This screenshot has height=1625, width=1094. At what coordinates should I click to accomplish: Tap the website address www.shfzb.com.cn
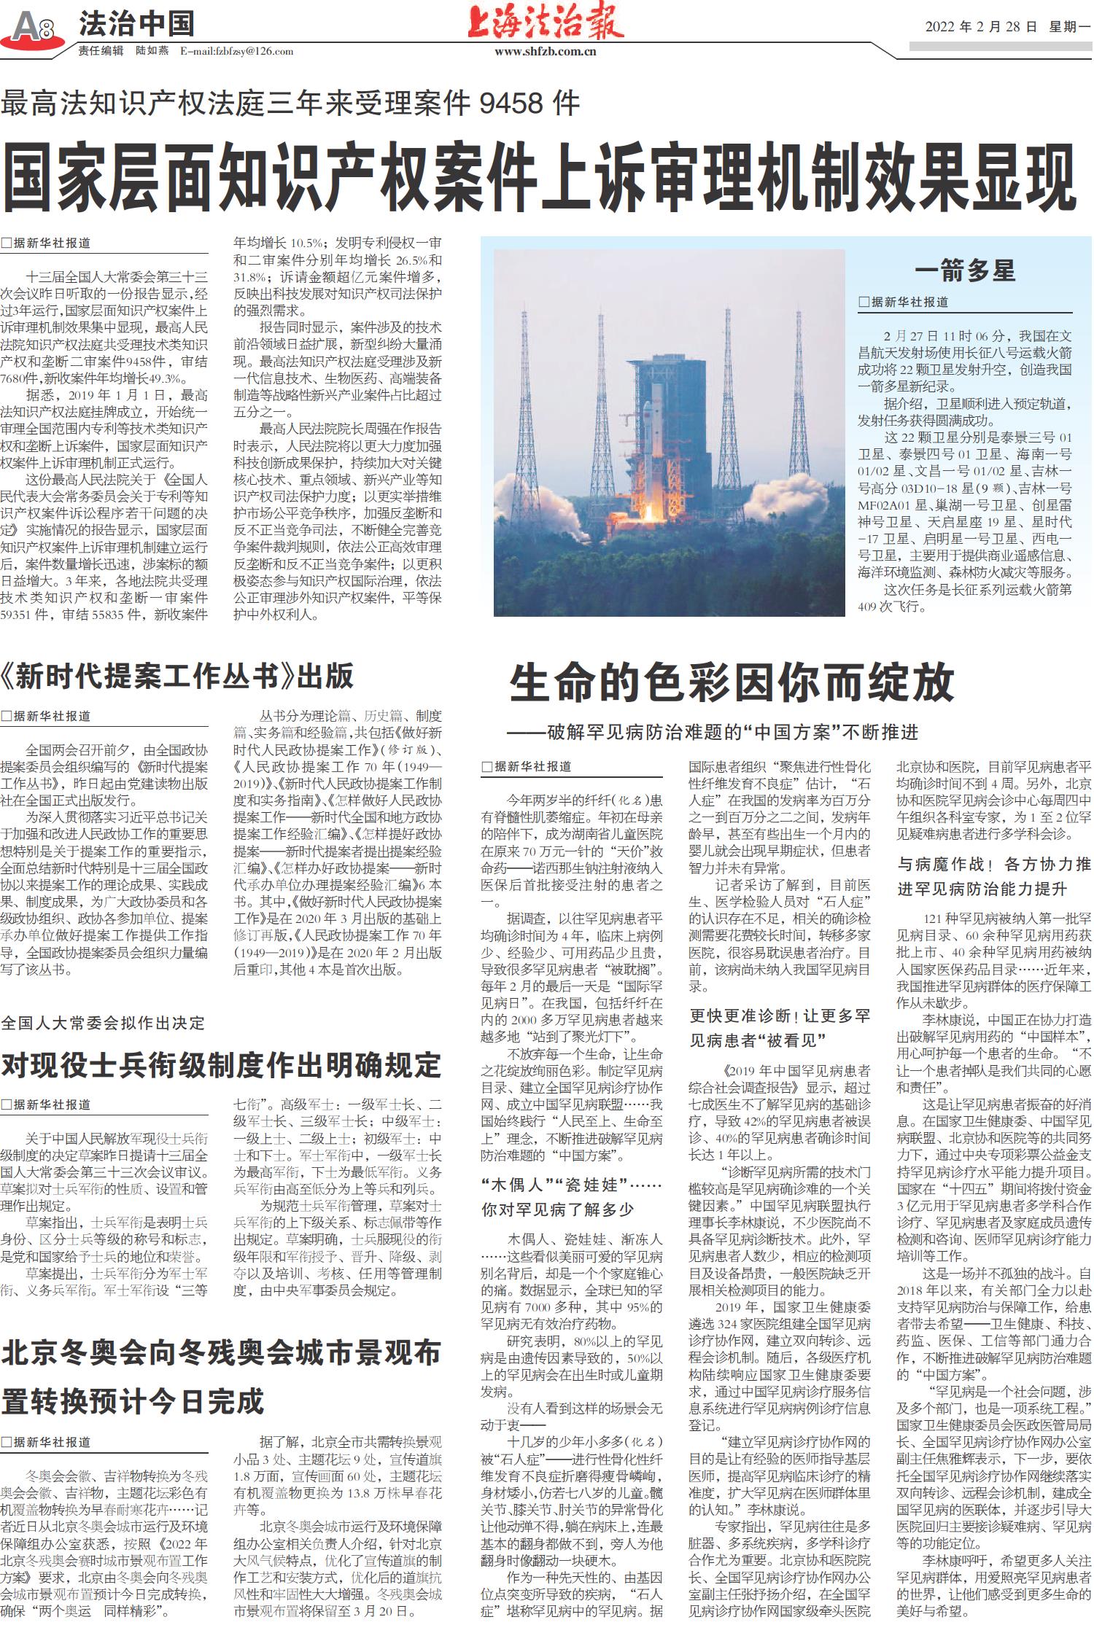pos(545,52)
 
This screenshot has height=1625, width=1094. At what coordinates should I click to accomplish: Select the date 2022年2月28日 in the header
pos(980,27)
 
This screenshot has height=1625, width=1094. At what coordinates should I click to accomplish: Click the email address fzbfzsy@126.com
pos(237,51)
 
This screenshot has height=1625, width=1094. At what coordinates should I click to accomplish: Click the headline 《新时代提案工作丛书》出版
pos(177,677)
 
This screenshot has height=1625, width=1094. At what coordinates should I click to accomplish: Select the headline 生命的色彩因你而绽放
pos(732,683)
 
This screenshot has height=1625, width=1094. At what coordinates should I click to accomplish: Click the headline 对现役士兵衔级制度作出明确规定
pos(221,1065)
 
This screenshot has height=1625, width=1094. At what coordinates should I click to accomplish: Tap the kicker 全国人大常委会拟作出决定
pos(103,1023)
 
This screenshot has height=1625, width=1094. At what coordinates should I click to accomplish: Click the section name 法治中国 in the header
pos(136,24)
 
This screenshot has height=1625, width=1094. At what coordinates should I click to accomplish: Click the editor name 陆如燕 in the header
pos(152,51)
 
